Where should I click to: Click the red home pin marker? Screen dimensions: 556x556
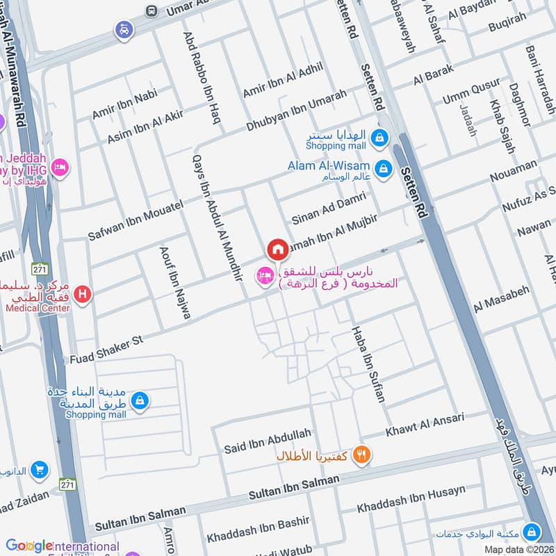pos(277,249)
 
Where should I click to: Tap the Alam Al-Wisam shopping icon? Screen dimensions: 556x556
pos(382,168)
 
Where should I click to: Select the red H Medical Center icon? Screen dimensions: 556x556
pos(83,295)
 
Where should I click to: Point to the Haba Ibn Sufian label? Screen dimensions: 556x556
pos(368,364)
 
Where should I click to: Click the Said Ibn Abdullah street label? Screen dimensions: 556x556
pos(267,441)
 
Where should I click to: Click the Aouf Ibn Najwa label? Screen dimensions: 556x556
pos(175,282)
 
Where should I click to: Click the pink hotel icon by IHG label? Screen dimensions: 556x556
pos(60,167)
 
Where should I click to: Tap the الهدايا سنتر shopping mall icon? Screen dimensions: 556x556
pos(378,138)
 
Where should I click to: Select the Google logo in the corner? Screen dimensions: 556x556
pos(29,546)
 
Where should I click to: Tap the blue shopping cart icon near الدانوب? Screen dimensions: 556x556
pos(40,471)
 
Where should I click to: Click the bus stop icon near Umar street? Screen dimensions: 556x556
pos(151,10)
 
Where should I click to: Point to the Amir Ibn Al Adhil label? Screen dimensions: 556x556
pos(283,82)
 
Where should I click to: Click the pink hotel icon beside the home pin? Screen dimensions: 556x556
pos(264,277)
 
